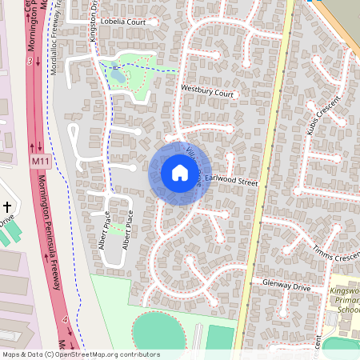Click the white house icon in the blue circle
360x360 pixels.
tap(179, 173)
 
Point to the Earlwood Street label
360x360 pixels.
tap(233, 182)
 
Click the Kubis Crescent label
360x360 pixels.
tap(323, 114)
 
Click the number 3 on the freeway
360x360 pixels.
tap(29, 61)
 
